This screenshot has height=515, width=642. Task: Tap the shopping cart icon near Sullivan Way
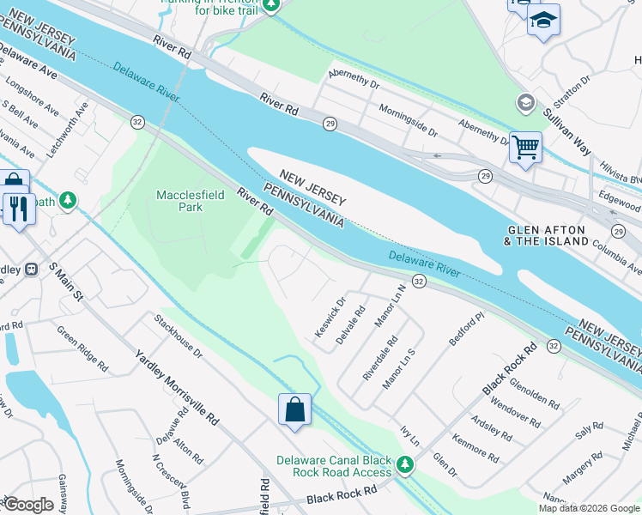[x=525, y=146]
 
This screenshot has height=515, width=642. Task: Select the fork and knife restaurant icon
[x=19, y=208]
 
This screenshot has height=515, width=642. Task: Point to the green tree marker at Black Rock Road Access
[x=405, y=465]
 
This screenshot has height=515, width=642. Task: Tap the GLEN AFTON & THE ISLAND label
[x=548, y=236]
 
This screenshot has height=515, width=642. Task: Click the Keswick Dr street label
[x=329, y=316]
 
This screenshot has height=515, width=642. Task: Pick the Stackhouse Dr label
[x=178, y=336]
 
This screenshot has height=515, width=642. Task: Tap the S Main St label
[x=64, y=282]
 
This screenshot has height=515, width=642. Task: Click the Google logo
[x=27, y=504]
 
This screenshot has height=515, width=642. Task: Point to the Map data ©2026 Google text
[x=588, y=508]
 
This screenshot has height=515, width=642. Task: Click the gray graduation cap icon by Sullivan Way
[x=525, y=104]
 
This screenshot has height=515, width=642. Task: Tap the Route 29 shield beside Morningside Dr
[x=330, y=124]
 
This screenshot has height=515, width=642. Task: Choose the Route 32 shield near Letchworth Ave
[x=137, y=122]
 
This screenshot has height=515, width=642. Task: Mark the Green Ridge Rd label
[x=82, y=348]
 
